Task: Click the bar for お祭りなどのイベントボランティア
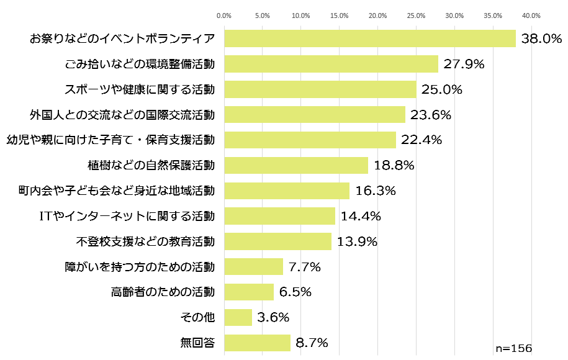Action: click(369, 38)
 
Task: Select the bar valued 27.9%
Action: click(331, 64)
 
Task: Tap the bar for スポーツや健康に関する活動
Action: click(320, 89)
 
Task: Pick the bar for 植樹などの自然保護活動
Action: click(295, 165)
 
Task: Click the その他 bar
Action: click(238, 317)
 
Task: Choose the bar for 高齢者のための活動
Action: click(249, 292)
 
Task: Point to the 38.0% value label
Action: click(541, 38)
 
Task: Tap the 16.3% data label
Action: click(375, 191)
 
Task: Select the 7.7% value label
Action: click(304, 267)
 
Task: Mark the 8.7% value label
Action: click(312, 343)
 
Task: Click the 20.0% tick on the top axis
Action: click(377, 16)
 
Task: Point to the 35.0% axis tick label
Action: click(493, 16)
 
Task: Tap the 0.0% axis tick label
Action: click(224, 16)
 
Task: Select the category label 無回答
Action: click(197, 343)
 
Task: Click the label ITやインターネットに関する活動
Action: click(127, 216)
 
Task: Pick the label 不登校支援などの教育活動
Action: click(146, 241)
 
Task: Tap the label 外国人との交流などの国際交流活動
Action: click(122, 115)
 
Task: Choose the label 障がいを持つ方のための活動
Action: click(140, 267)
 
